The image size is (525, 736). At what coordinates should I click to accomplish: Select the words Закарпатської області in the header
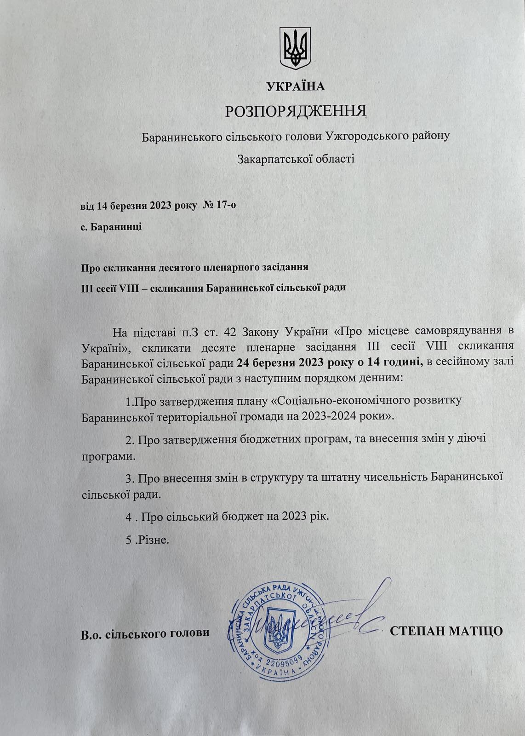point(296,159)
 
